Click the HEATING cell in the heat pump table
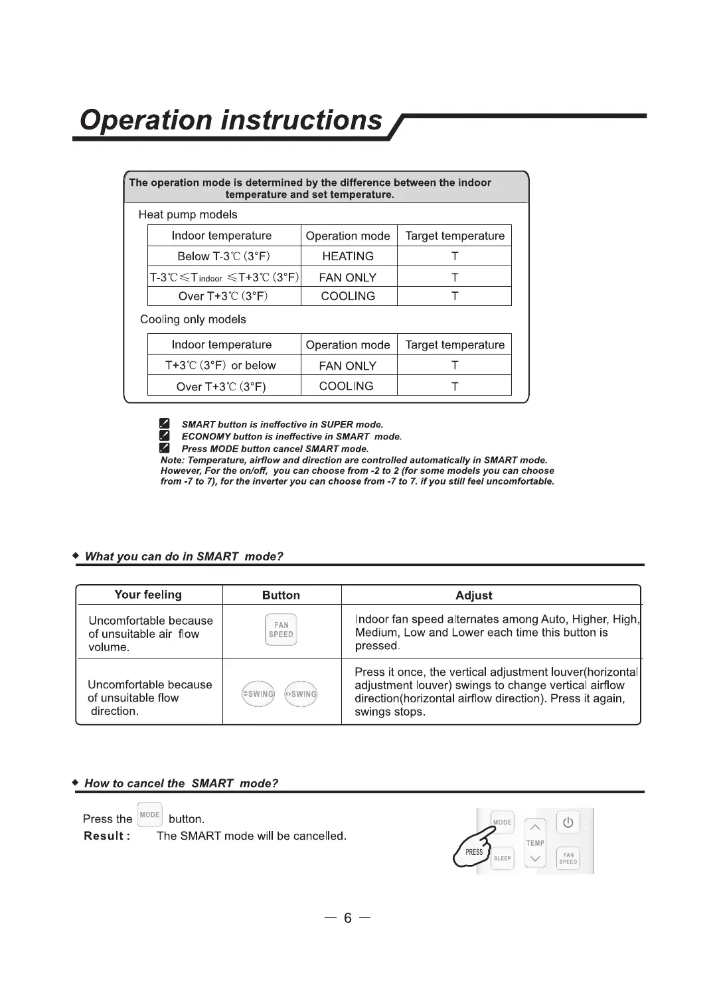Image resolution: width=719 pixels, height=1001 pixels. point(348,256)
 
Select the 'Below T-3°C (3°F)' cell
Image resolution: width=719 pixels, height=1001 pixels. point(224,256)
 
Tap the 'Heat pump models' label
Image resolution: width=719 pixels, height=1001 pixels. point(188,214)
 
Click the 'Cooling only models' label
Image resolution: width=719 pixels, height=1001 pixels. point(193,319)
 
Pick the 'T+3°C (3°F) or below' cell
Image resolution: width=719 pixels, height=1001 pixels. point(220,365)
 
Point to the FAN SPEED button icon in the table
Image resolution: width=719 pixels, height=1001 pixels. point(281,630)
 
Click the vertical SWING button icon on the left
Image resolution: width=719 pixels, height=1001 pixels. point(258,694)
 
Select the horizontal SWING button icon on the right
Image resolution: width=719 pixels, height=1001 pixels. point(301,694)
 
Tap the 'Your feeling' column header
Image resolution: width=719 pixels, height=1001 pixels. point(148,595)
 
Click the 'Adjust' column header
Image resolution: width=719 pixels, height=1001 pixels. point(474,595)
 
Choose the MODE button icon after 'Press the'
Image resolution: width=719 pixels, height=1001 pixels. point(150,815)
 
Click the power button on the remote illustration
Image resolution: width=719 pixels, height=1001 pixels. point(568,823)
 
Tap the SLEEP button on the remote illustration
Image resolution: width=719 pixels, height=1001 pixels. point(503,858)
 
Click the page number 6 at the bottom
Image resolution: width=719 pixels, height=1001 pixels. point(348,918)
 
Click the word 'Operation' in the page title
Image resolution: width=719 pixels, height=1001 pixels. point(146,120)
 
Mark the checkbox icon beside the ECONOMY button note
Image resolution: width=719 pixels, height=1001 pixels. point(165,436)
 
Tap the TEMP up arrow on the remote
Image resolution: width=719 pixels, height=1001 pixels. point(535,827)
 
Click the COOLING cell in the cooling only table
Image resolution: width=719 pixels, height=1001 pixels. point(347,386)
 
